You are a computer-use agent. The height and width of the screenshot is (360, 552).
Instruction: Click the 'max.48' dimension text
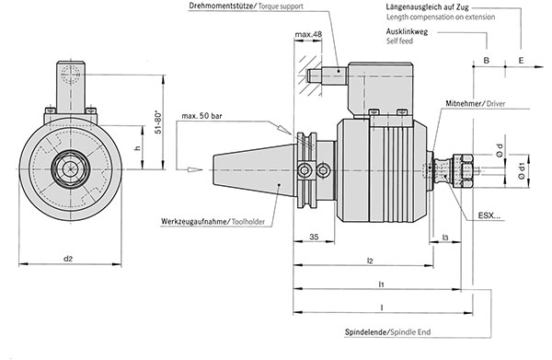pos(308,34)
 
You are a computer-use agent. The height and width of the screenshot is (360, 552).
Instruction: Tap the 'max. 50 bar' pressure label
pos(201,115)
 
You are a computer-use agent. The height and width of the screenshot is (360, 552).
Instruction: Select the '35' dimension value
pos(314,237)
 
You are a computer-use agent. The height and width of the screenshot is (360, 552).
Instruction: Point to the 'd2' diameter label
pos(68,259)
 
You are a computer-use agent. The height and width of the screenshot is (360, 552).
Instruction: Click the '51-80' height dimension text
pos(158,122)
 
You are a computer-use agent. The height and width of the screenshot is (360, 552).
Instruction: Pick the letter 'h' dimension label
pos(138,147)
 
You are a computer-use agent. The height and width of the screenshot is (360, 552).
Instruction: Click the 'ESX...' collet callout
pos(489,215)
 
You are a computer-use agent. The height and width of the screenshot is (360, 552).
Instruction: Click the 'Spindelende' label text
pos(366,331)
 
